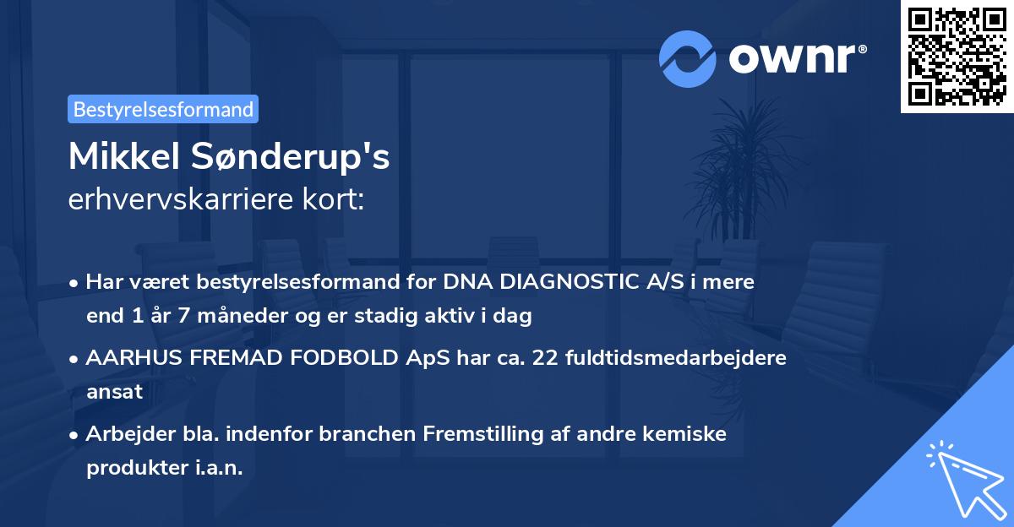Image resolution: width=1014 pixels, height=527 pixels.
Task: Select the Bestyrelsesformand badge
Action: pos(163,109)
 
